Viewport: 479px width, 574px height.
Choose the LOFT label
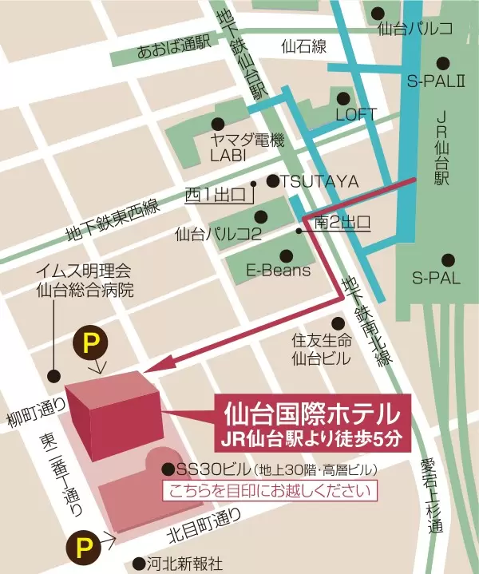click(x=355, y=115)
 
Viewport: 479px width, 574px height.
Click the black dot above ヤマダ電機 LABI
click(x=217, y=123)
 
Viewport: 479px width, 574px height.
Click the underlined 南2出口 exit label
click(x=342, y=222)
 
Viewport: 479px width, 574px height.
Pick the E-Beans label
click(x=278, y=270)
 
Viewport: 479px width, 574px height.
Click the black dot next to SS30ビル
click(x=168, y=469)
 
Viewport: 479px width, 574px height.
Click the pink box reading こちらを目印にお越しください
click(x=269, y=491)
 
